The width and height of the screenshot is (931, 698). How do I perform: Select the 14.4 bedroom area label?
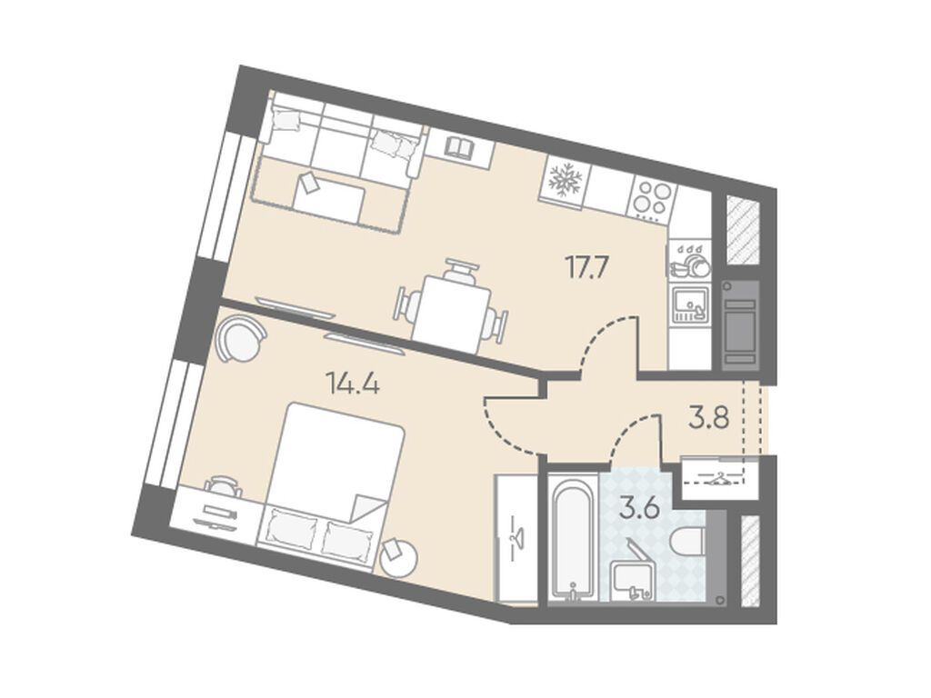point(354,384)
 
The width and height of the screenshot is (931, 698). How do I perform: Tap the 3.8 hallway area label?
point(708,418)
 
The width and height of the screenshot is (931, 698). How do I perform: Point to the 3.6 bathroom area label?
point(639,509)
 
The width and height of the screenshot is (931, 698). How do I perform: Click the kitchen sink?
point(690,304)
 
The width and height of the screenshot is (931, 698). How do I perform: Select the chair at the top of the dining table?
point(460,271)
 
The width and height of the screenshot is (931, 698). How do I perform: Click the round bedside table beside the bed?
point(398,557)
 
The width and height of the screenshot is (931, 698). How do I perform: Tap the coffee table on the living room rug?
point(328,203)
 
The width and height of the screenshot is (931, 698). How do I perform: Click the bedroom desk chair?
point(224,485)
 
